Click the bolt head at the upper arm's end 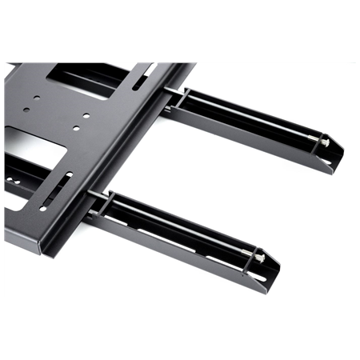coord(324,142)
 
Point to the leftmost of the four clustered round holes coord(26,110)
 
